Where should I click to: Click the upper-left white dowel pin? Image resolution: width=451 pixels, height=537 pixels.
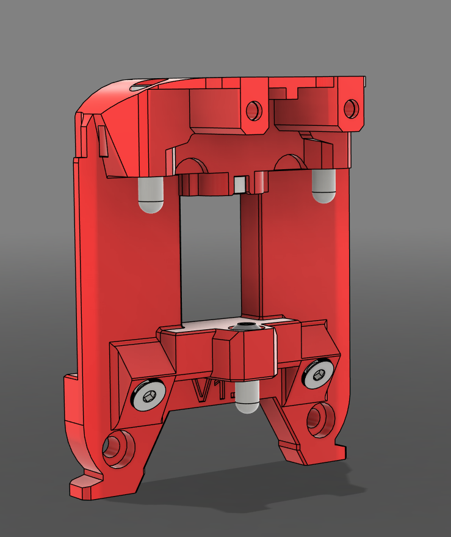(151, 195)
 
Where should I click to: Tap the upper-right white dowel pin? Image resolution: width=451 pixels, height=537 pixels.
(323, 186)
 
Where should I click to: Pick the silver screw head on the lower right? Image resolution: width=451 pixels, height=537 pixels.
(320, 373)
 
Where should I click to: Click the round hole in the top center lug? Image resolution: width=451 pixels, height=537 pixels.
(253, 111)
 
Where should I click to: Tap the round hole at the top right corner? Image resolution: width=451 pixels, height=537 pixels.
(351, 109)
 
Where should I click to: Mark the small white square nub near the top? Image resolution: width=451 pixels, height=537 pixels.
(240, 182)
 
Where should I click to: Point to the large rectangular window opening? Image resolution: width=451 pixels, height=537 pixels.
(211, 257)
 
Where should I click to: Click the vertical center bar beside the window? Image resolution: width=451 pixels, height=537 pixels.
(251, 257)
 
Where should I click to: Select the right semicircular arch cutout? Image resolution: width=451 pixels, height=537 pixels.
(290, 162)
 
